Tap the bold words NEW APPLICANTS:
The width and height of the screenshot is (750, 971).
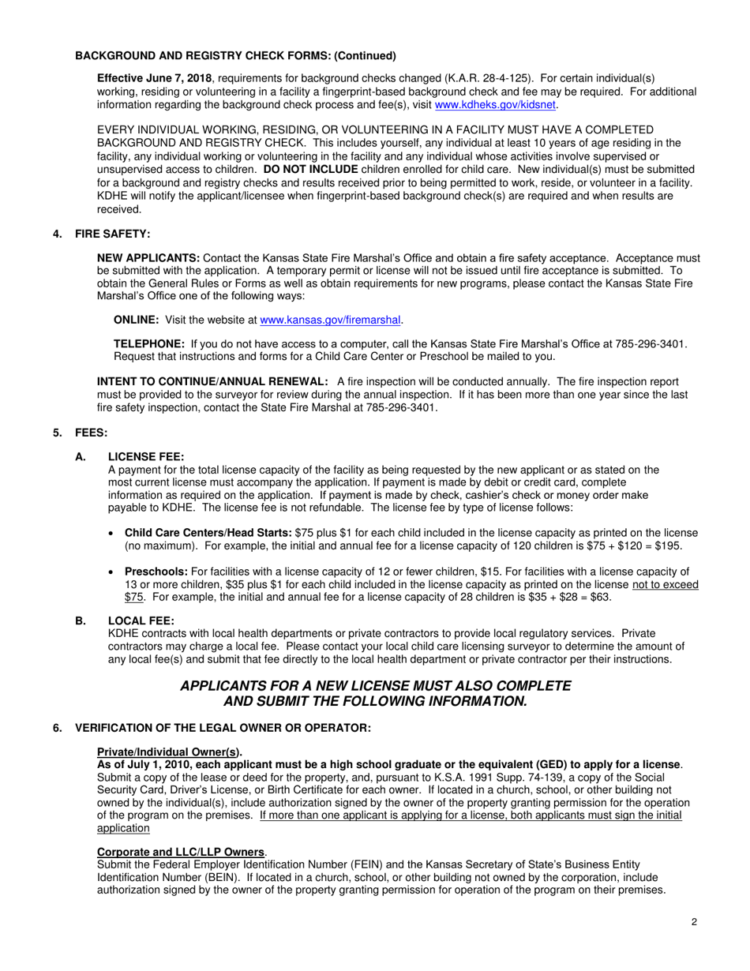pos(148,258)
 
